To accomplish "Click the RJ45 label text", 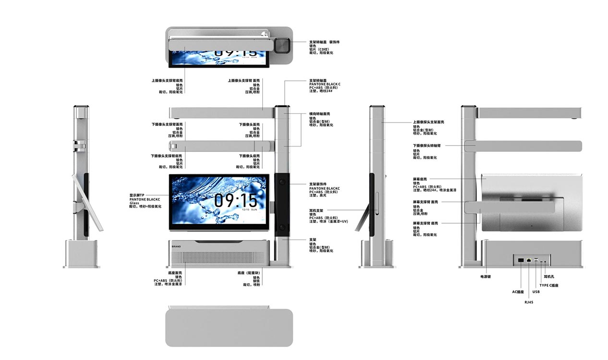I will click(529, 302).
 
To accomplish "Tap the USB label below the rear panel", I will click(536, 292).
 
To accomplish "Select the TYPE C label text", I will click(548, 286).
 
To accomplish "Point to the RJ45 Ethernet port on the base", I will click(529, 260).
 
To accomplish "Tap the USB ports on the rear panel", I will click(536, 260).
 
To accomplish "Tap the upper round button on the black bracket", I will click(282, 182).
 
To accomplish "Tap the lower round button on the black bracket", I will click(282, 227).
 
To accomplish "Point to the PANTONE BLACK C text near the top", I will click(324, 84).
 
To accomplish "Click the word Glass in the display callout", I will click(134, 203).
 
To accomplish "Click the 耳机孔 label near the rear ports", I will click(549, 277).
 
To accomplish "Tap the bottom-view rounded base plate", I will click(229, 328).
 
